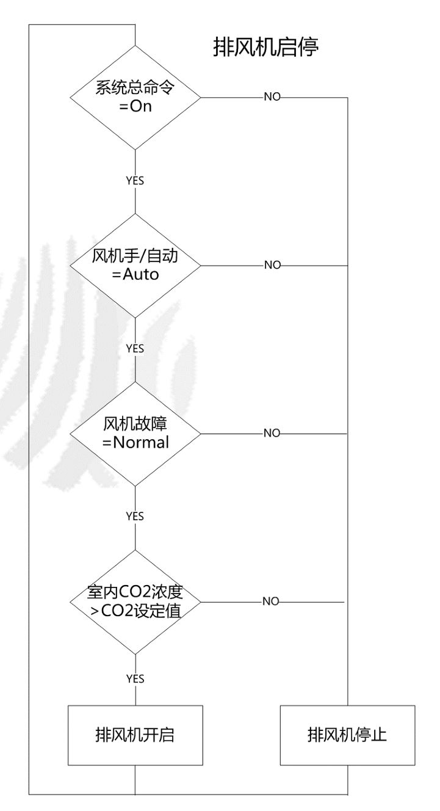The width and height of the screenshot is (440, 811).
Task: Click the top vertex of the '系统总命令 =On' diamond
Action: point(135,46)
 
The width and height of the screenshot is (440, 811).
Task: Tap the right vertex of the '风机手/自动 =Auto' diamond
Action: point(201,266)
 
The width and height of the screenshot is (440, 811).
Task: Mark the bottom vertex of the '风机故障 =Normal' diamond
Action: point(135,486)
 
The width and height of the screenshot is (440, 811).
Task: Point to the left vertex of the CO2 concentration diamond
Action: point(70,602)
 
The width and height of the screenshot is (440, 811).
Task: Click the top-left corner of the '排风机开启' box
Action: point(68,705)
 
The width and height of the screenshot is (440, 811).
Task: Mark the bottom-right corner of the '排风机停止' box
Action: point(414,765)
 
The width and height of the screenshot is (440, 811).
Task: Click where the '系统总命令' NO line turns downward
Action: point(348,97)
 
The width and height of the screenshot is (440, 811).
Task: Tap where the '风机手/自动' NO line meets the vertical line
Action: point(348,266)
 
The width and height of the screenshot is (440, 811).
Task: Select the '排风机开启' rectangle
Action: point(135,735)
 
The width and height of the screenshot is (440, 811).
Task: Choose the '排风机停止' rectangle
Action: point(347,735)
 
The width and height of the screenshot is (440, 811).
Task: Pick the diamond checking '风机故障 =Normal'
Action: point(135,434)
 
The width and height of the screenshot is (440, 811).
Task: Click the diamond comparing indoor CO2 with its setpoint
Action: point(135,602)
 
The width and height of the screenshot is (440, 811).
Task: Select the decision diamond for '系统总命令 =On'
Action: point(135,97)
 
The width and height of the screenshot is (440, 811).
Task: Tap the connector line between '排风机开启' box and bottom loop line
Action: point(135,780)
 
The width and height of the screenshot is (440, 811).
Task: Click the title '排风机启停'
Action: point(266,47)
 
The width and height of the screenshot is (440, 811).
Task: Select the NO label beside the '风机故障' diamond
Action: point(272,433)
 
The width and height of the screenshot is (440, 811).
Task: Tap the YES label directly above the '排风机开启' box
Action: point(135,679)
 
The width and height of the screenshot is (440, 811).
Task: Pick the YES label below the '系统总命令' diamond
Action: point(135,181)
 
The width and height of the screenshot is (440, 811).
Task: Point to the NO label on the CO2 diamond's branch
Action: point(271,602)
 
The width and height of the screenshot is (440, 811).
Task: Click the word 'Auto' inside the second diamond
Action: point(141,274)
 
